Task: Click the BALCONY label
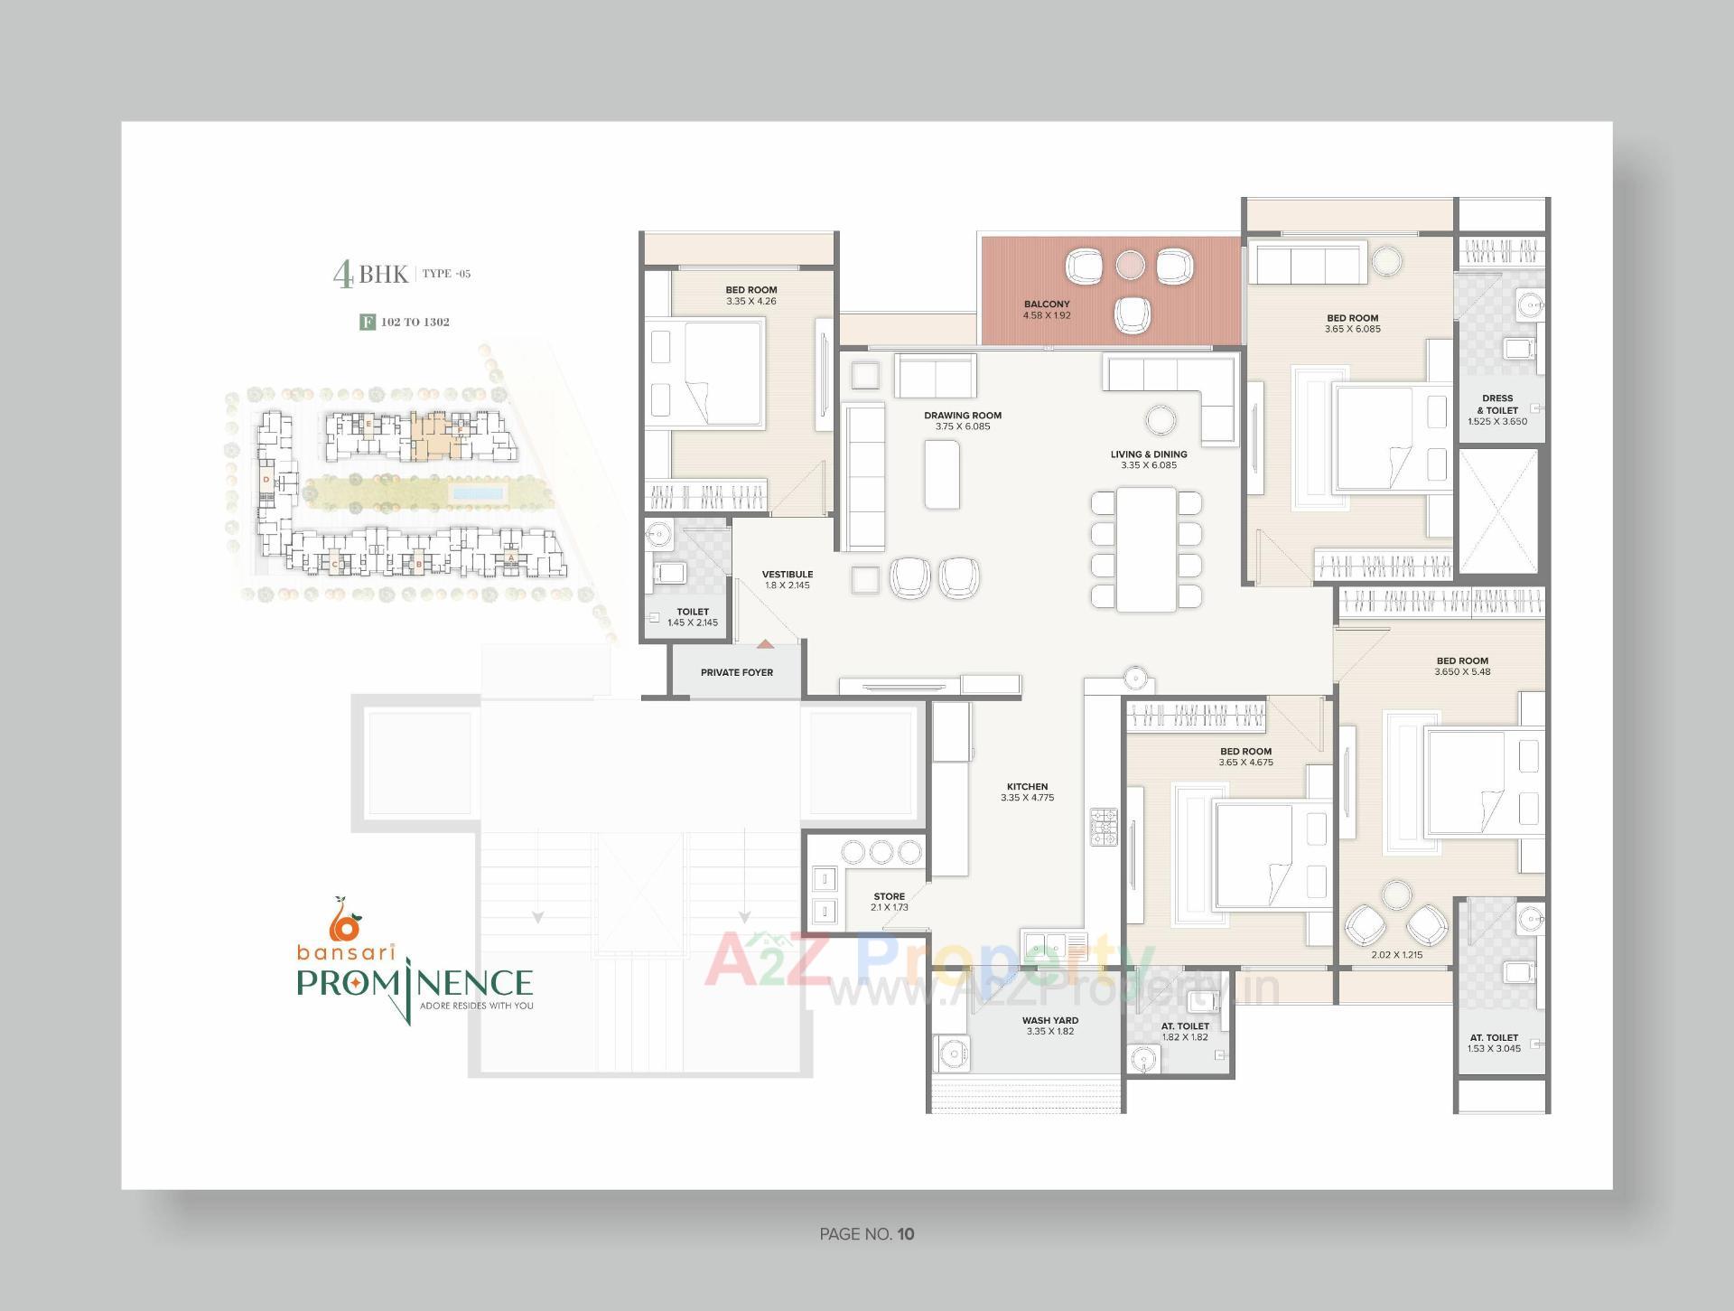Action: [1046, 304]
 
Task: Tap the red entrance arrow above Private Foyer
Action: [765, 644]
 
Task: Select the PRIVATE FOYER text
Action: [736, 672]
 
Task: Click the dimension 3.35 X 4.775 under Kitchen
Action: [1027, 798]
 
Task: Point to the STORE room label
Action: [889, 896]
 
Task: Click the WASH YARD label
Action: [1049, 1020]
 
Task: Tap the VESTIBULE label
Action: [787, 574]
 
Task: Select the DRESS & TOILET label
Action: [1496, 404]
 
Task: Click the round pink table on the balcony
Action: [1130, 264]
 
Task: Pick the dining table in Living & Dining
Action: [1146, 549]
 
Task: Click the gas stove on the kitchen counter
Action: [1103, 827]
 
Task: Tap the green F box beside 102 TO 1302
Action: [368, 322]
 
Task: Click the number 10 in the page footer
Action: [906, 1234]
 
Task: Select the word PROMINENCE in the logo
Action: [415, 982]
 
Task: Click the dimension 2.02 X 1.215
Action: [1396, 954]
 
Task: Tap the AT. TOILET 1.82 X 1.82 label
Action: [1185, 1031]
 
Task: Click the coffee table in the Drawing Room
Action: [942, 473]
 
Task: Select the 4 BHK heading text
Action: [370, 274]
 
